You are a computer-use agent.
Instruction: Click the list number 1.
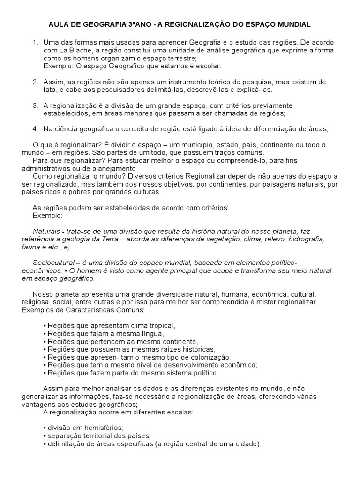coord(35,43)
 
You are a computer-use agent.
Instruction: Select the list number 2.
coord(35,82)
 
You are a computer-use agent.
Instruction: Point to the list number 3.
coord(35,106)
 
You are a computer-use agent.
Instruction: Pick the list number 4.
coord(35,129)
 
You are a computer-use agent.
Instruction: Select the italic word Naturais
coord(46,232)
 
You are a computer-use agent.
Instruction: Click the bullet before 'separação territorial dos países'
coord(44,436)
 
